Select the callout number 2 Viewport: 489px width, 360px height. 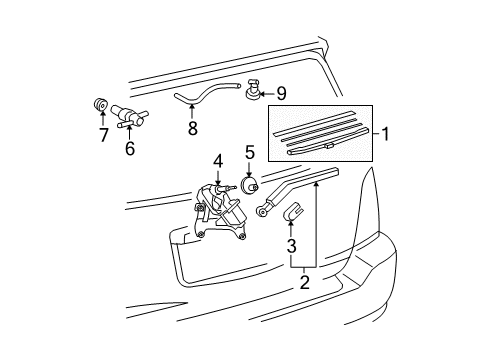coord(304,284)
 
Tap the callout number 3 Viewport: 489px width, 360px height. coord(291,246)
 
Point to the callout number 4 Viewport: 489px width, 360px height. coord(216,159)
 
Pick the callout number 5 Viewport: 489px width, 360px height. coord(249,153)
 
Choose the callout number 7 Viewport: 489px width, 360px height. coord(103,135)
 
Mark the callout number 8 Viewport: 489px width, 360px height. coord(191,128)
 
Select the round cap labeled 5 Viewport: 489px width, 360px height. coord(250,186)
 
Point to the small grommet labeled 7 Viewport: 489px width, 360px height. coord(101,105)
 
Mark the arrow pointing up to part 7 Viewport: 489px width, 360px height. coord(103,120)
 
